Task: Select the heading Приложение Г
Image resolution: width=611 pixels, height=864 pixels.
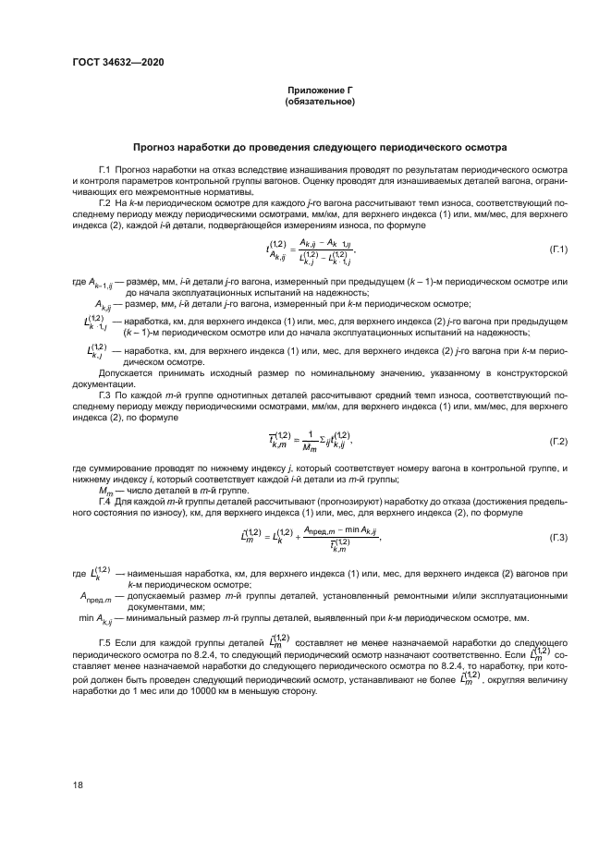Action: tap(321, 91)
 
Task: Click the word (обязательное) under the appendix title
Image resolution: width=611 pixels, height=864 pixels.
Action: tap(321, 102)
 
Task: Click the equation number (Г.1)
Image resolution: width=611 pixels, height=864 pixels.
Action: tap(557, 249)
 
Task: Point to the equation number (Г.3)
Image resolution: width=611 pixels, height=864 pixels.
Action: tap(557, 537)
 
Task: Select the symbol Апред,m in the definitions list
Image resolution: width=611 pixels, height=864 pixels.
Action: tap(94, 597)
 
